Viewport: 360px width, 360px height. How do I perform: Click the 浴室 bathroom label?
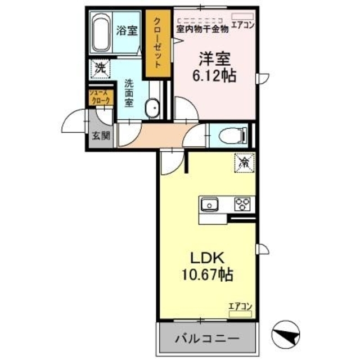(127, 31)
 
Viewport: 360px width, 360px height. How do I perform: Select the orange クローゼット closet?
(158, 44)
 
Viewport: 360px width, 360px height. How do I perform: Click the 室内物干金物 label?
(202, 28)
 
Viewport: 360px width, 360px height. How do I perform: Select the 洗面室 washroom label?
(129, 93)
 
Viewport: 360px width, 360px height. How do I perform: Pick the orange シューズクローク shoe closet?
(99, 98)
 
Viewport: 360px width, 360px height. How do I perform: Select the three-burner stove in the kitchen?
(244, 204)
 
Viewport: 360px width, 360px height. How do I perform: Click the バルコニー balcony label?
(206, 339)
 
